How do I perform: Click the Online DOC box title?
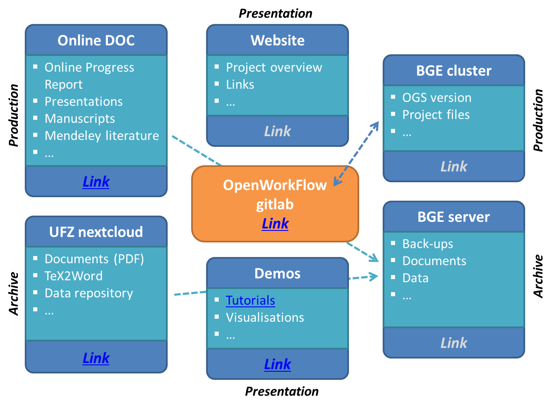click(96, 41)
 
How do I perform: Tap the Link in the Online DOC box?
click(96, 182)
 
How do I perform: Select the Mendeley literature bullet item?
click(102, 136)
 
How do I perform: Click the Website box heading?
click(277, 41)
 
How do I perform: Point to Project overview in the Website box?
click(274, 67)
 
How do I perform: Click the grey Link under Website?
click(277, 131)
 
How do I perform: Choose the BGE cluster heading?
click(453, 71)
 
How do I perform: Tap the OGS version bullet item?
click(437, 98)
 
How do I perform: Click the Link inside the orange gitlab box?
click(275, 224)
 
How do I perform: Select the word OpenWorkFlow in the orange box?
click(275, 185)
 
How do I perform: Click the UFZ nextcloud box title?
click(96, 232)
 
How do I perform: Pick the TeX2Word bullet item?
click(73, 276)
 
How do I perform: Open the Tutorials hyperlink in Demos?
click(250, 300)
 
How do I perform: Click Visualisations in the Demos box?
click(265, 318)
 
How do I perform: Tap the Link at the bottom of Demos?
click(277, 364)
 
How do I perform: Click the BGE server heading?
click(453, 217)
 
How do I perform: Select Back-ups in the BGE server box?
click(427, 244)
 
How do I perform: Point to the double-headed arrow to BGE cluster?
click(356, 154)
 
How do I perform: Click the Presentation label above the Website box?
click(275, 14)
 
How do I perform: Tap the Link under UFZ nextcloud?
click(96, 358)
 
